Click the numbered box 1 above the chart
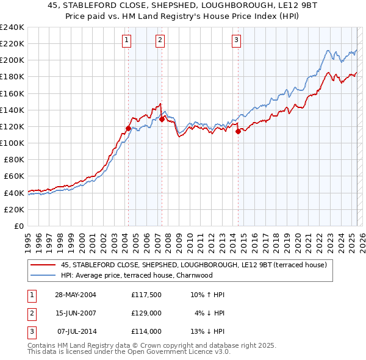126,41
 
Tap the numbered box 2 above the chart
160,41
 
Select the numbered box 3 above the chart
236,41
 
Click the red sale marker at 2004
128,128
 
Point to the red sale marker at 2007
162,119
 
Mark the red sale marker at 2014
238,131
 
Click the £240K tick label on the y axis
12,27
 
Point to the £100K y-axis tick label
12,143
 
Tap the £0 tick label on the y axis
18,226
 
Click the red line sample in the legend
43,265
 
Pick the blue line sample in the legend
43,275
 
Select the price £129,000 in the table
146,313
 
